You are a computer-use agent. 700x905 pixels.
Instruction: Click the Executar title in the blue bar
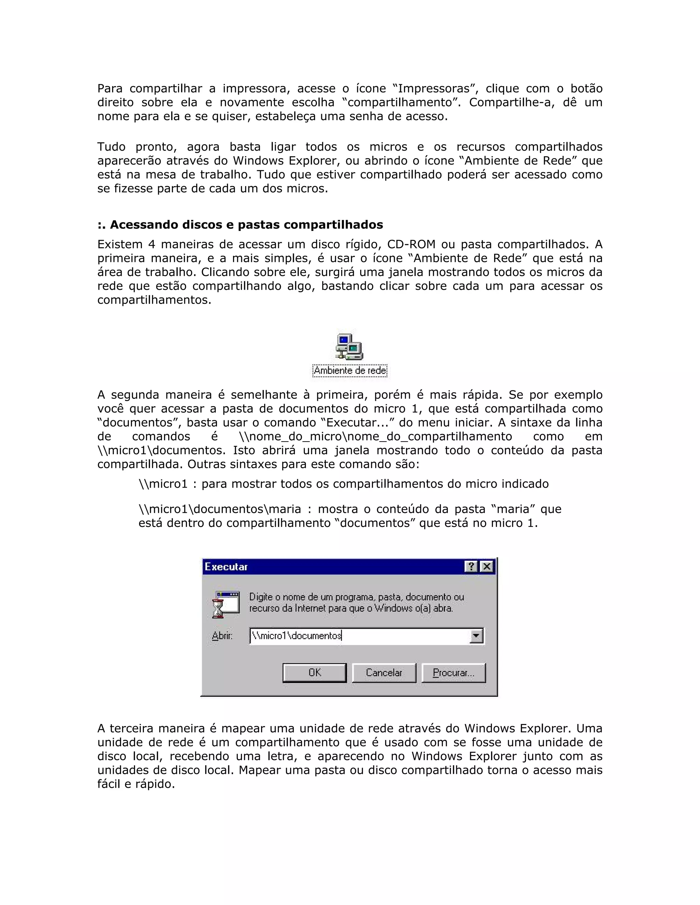tap(226, 567)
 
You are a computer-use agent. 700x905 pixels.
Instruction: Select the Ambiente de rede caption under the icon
tap(350, 370)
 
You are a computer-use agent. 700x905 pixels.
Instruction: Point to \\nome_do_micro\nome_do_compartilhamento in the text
tap(375, 436)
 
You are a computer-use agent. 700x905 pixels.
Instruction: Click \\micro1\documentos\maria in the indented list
tap(220, 509)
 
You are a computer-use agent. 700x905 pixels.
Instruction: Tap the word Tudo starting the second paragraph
tap(111, 147)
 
